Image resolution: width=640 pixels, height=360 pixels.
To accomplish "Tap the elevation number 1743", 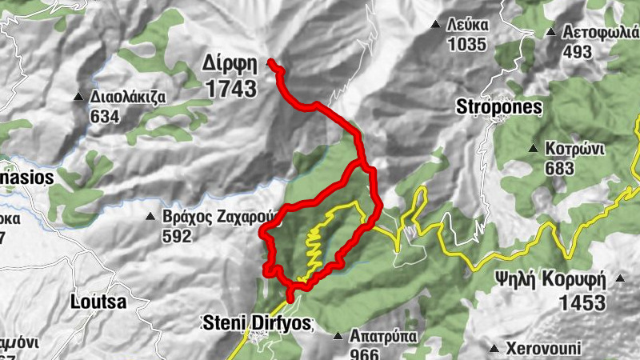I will tap(230, 88).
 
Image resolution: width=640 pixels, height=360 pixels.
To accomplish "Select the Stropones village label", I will tap(499, 106).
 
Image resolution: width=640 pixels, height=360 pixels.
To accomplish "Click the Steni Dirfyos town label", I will tap(255, 324).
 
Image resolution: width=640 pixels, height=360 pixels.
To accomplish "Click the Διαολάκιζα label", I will tap(128, 98).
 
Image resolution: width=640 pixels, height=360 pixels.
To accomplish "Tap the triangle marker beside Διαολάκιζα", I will tap(78, 98).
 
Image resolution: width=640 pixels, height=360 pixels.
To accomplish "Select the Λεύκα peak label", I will tap(467, 25).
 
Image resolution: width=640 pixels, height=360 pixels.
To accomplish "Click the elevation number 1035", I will tap(467, 45).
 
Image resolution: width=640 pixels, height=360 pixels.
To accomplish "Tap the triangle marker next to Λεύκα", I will tap(435, 25).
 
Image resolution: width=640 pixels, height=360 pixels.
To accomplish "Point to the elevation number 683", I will tap(559, 168).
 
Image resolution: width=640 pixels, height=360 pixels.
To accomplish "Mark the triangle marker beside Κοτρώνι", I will tap(534, 149).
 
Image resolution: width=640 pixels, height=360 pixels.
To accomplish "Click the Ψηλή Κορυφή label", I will tap(550, 280).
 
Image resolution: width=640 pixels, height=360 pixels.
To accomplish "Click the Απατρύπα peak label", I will tap(383, 336).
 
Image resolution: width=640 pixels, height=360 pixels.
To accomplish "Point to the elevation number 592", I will tap(177, 236).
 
